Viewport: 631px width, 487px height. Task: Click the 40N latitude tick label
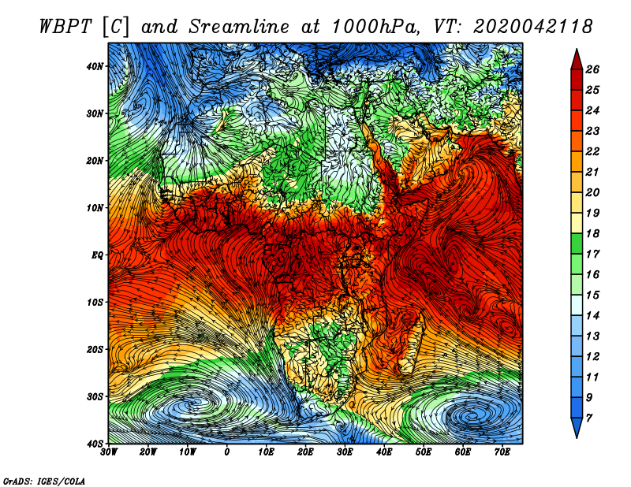(94, 66)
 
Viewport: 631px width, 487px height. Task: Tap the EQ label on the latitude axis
(97, 255)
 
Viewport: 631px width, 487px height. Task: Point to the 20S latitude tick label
(94, 349)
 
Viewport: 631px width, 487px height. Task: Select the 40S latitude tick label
(94, 444)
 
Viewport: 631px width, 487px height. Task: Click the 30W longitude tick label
(109, 452)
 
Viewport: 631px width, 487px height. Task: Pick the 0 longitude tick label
(226, 452)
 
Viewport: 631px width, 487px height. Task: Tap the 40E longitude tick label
(384, 452)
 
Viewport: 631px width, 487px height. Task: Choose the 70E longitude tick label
(502, 452)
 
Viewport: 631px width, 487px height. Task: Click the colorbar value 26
(592, 69)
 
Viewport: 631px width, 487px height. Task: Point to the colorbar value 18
(592, 233)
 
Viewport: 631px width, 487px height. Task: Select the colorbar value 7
(588, 418)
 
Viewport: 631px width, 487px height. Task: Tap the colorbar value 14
(592, 316)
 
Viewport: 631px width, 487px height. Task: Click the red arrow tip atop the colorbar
(577, 50)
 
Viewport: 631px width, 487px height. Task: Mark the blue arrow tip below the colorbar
(577, 437)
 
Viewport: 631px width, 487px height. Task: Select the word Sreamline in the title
(239, 27)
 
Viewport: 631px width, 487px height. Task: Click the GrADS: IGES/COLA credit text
(44, 481)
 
